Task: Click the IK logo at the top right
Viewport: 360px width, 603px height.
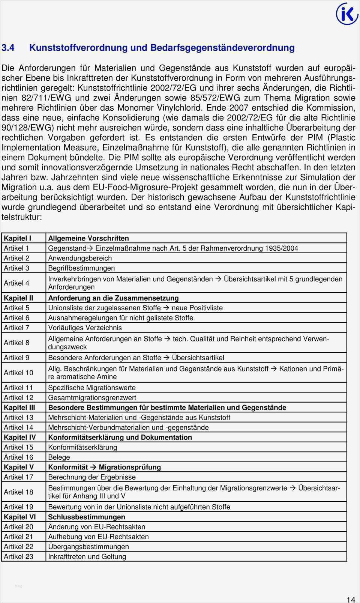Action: pos(347,14)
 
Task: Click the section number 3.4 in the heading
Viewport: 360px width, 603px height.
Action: pos(8,48)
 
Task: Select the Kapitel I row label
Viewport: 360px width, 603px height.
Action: pos(17,238)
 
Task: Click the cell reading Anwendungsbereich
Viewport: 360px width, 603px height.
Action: pos(80,258)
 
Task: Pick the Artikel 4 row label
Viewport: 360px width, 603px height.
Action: pos(16,283)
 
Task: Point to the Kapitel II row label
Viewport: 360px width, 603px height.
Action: pos(18,298)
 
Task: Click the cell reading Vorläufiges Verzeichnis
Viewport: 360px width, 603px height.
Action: pos(85,328)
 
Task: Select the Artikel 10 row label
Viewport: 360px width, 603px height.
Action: pos(18,373)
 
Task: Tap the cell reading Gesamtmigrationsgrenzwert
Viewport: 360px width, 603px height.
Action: pos(92,397)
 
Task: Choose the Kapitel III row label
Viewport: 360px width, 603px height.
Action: pos(19,408)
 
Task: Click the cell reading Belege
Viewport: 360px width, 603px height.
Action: pos(59,457)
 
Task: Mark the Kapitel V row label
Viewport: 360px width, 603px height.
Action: pos(19,467)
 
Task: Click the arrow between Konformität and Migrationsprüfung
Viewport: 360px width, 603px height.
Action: pos(93,467)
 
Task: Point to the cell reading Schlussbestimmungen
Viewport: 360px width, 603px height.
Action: pos(87,517)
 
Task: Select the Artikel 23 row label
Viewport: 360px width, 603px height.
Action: pos(18,556)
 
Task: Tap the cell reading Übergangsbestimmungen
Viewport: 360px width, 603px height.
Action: pos(88,547)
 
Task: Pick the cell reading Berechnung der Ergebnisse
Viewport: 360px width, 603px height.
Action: pos(92,477)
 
